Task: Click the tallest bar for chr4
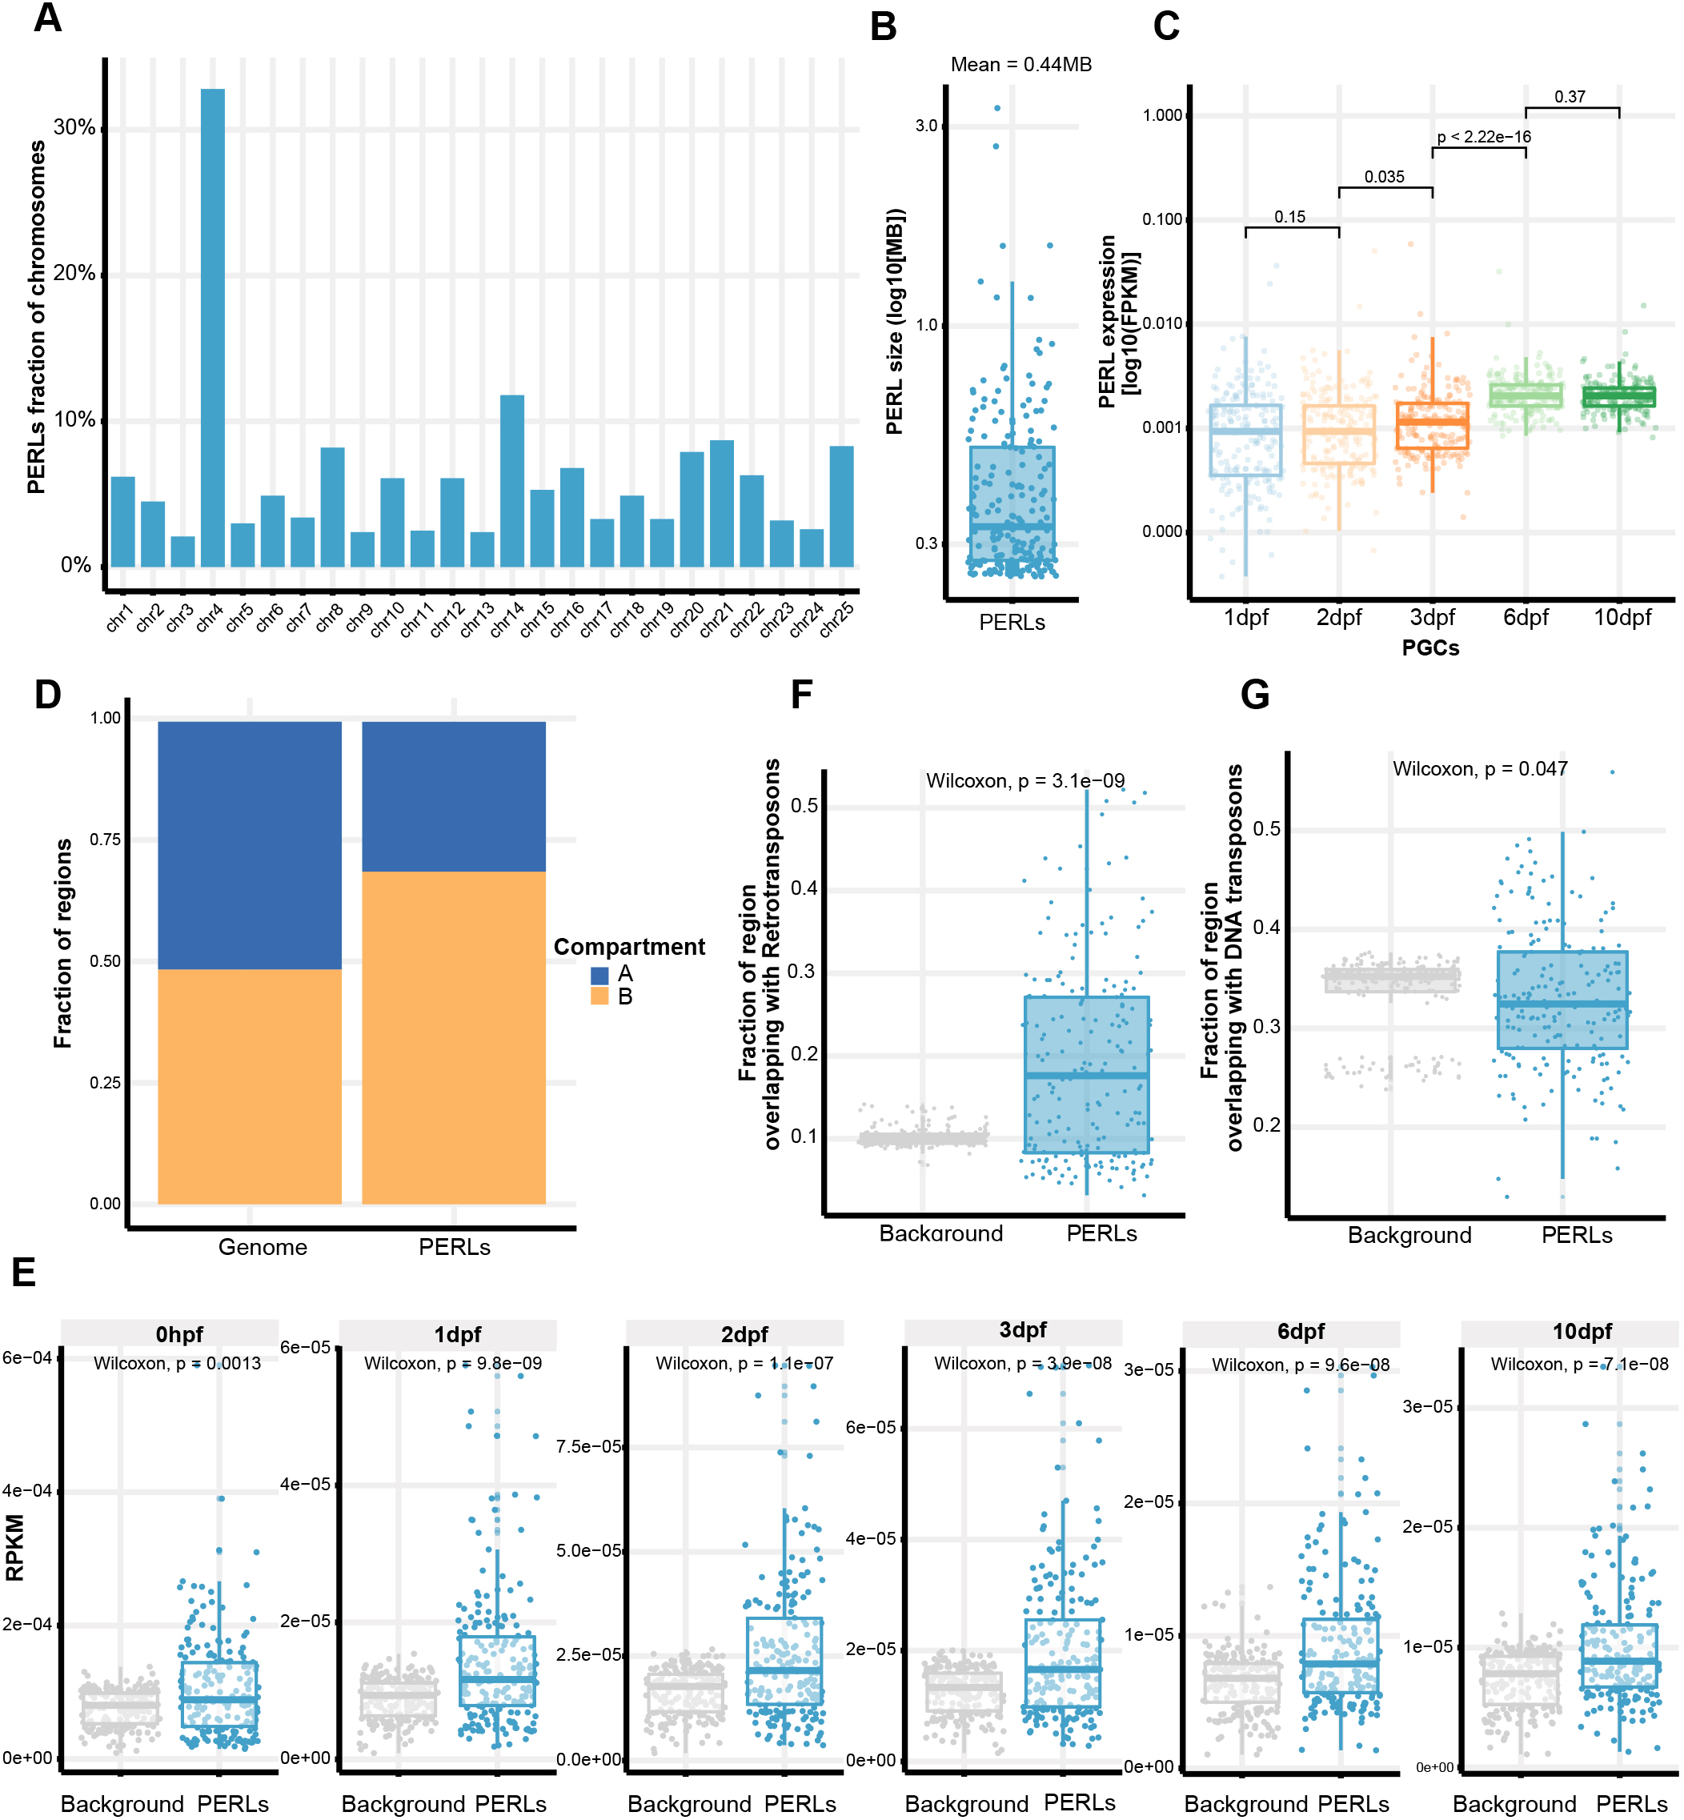(x=212, y=328)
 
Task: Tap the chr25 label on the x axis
(x=836, y=619)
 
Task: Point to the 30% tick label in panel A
(x=74, y=127)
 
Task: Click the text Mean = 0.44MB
(x=1020, y=65)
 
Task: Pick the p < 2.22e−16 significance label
(x=1484, y=137)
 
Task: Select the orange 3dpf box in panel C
(x=1432, y=425)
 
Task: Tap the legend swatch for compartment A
(x=599, y=974)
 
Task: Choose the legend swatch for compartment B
(x=599, y=996)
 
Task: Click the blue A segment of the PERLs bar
(x=454, y=796)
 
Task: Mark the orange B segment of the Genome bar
(x=250, y=1085)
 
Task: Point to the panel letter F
(x=801, y=695)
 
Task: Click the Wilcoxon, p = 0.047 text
(x=1480, y=768)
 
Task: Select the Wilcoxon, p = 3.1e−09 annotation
(x=1025, y=780)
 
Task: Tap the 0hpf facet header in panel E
(x=178, y=1334)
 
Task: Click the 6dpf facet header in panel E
(x=1301, y=1332)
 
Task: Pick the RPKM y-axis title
(x=14, y=1548)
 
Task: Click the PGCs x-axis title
(x=1429, y=648)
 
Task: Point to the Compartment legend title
(x=629, y=947)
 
